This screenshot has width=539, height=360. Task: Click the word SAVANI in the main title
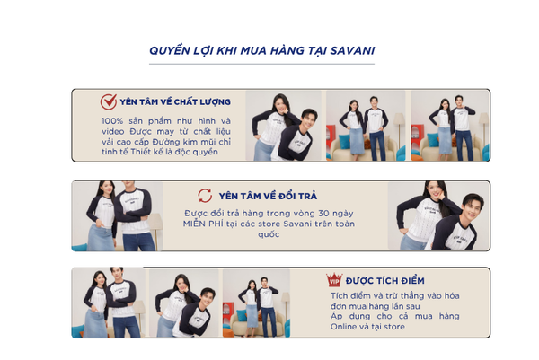pyautogui.click(x=352, y=51)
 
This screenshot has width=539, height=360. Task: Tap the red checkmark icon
pyautogui.click(x=109, y=101)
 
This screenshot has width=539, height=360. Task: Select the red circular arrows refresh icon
pyautogui.click(x=205, y=196)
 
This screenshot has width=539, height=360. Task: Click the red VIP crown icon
pyautogui.click(x=334, y=280)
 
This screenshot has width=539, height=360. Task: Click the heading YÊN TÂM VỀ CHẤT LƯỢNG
pyautogui.click(x=175, y=102)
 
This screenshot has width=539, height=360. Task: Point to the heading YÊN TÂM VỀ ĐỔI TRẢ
pyautogui.click(x=268, y=196)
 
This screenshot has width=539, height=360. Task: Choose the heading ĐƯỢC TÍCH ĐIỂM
pyautogui.click(x=385, y=281)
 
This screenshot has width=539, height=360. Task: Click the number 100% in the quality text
pyautogui.click(x=112, y=121)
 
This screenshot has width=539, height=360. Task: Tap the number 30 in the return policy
pyautogui.click(x=323, y=214)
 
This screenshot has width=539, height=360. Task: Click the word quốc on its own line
pyautogui.click(x=269, y=234)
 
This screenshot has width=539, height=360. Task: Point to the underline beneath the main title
pyautogui.click(x=261, y=64)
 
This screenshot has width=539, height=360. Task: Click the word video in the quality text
pyautogui.click(x=113, y=132)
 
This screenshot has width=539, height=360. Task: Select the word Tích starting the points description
pyautogui.click(x=340, y=295)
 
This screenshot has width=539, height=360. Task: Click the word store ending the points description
pyautogui.click(x=394, y=327)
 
